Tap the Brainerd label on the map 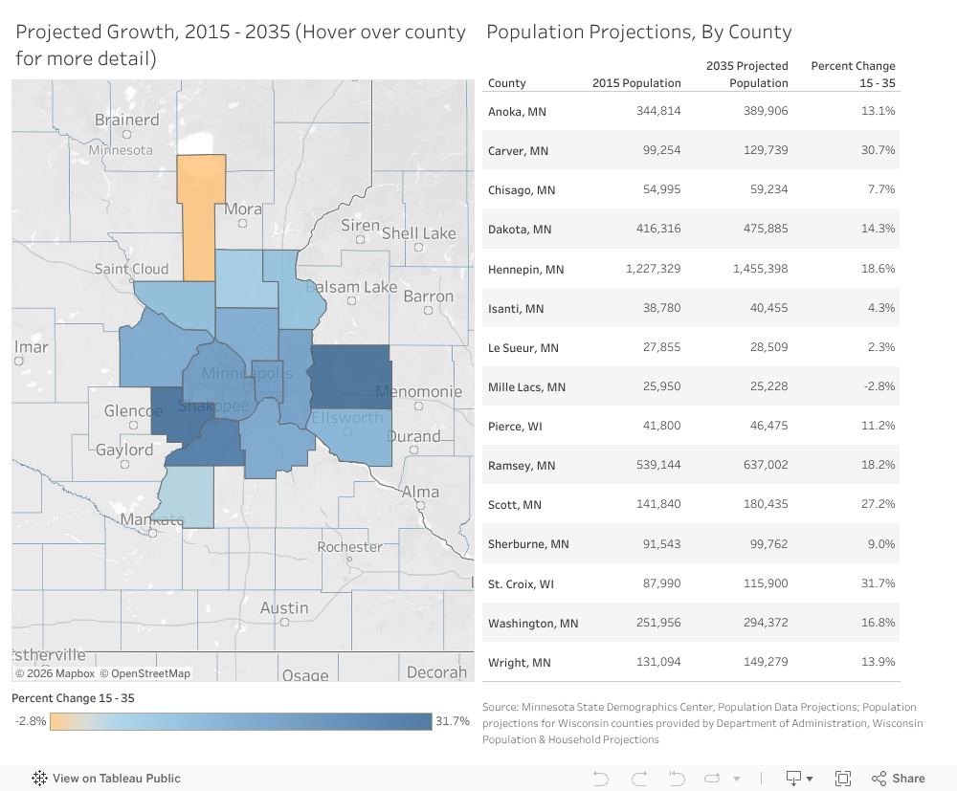[126, 121]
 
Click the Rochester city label [349, 547]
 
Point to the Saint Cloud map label [131, 269]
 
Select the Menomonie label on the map [418, 391]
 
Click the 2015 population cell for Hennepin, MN [653, 269]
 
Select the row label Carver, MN [518, 151]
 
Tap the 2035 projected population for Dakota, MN [761, 230]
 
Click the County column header [507, 83]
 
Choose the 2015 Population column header [636, 83]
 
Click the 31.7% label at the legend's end [453, 721]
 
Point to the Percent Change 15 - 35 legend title [73, 698]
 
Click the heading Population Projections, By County [638, 32]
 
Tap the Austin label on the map [284, 608]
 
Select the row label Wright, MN [518, 663]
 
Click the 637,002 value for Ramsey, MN [761, 465]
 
